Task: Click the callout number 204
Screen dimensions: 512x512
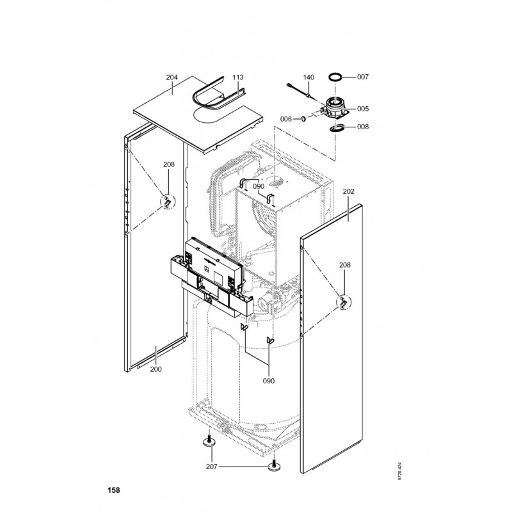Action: (x=172, y=77)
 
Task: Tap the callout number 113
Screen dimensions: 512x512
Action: (x=237, y=77)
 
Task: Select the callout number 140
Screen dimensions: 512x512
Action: (x=308, y=77)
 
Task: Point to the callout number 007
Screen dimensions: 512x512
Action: (x=363, y=77)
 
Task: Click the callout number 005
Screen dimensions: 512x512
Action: (x=363, y=109)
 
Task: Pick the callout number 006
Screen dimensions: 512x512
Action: (x=286, y=119)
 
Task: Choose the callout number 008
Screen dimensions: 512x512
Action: (x=363, y=127)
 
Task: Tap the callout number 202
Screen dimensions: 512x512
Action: (x=349, y=191)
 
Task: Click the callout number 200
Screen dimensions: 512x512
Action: (x=156, y=369)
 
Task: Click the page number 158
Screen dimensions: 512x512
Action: (x=113, y=491)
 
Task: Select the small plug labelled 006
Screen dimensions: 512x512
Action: (x=304, y=117)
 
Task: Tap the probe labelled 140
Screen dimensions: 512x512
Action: (x=298, y=90)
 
